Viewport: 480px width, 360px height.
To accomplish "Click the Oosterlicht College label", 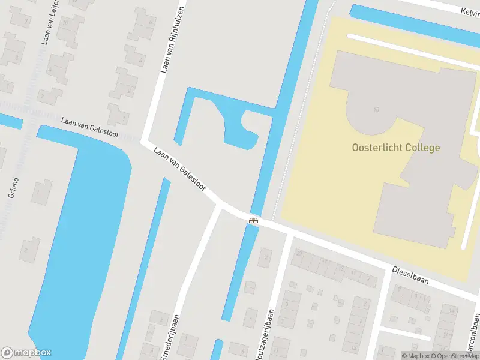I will click(x=395, y=148).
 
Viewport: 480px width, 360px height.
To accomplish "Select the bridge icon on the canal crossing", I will click(x=254, y=220).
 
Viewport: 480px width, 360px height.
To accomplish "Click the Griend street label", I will click(x=14, y=188).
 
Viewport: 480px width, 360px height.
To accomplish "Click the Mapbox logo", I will click(x=26, y=353).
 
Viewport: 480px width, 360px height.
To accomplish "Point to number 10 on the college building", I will click(x=376, y=109).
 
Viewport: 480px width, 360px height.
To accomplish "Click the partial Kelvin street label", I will click(x=469, y=11).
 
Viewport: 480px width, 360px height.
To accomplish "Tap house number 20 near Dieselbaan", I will click(x=298, y=254).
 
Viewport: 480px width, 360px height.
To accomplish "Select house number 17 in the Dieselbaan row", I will click(x=324, y=262).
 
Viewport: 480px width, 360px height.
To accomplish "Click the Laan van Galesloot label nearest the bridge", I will click(x=179, y=170).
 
